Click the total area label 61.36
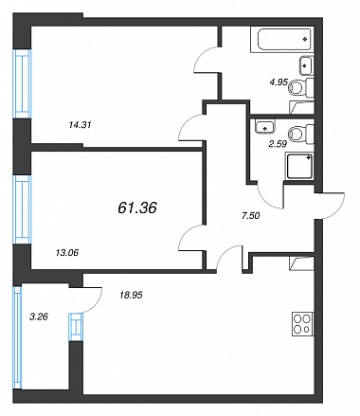tap(137, 208)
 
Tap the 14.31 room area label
tap(80, 125)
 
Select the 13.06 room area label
tap(66, 253)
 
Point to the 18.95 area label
tap(131, 295)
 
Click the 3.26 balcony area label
tap(39, 317)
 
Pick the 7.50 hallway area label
tap(250, 216)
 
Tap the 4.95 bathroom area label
tap(279, 82)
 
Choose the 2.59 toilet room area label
tap(278, 144)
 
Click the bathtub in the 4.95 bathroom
tap(282, 40)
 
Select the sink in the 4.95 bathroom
tap(306, 65)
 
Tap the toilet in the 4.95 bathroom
tap(301, 87)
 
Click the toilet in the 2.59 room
tap(301, 134)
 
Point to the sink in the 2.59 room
tap(265, 126)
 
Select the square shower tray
tap(299, 166)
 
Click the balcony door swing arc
tap(96, 302)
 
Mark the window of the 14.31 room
tap(23, 84)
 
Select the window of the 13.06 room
tap(23, 209)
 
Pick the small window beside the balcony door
tap(76, 327)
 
